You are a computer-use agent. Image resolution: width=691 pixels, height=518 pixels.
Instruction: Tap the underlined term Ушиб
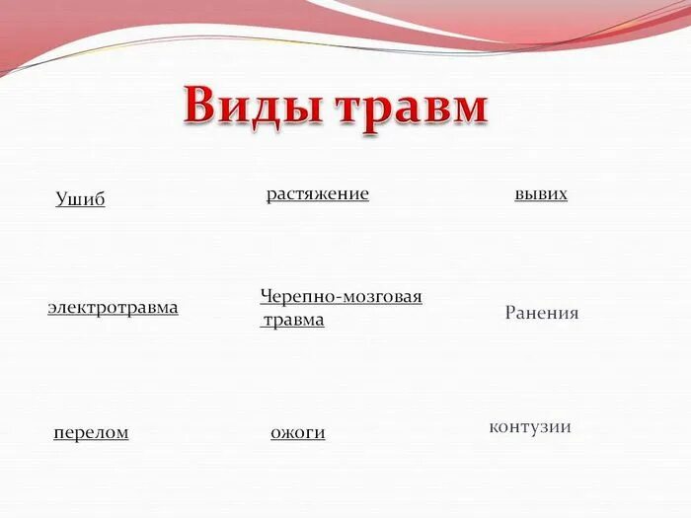(x=80, y=199)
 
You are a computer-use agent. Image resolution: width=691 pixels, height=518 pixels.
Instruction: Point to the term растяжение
(x=317, y=194)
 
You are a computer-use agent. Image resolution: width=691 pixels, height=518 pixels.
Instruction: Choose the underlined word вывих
(x=541, y=194)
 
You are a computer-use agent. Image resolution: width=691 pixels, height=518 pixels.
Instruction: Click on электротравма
(x=113, y=307)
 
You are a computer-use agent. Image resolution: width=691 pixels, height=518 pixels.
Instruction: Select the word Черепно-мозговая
(x=341, y=296)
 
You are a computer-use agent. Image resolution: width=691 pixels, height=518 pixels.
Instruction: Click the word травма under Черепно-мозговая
(x=293, y=320)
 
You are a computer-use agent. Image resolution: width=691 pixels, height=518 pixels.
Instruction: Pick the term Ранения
(x=542, y=313)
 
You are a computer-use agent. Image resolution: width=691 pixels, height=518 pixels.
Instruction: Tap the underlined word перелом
(x=91, y=432)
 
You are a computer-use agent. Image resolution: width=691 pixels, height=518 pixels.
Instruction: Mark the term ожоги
(x=297, y=432)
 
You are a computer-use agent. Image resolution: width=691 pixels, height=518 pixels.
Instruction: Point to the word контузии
(x=530, y=426)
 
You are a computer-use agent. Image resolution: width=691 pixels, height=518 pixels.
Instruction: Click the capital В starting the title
(x=200, y=106)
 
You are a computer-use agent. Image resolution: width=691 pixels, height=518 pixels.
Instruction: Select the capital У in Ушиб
(x=62, y=199)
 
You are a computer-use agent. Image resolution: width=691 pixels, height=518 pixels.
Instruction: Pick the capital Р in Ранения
(x=510, y=313)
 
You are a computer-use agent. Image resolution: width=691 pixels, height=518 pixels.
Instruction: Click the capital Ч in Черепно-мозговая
(x=266, y=296)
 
